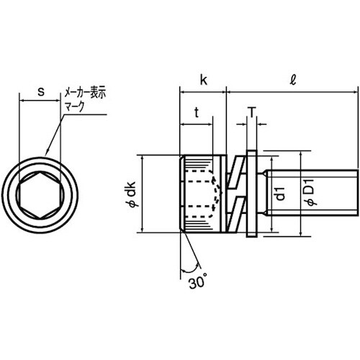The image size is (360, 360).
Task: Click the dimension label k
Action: tap(204, 80)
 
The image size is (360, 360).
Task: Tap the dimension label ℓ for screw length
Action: tap(293, 80)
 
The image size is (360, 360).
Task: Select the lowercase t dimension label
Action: tap(197, 112)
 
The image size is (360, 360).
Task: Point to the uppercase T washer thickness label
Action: tap(252, 112)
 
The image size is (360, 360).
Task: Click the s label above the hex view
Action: tap(41, 92)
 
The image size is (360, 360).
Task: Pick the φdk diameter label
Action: tap(131, 194)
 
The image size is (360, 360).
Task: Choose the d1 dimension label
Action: tap(280, 194)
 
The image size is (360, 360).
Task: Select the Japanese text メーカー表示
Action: tap(85, 93)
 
